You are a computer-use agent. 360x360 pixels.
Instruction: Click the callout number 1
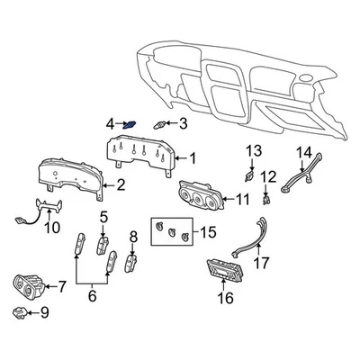click(192, 158)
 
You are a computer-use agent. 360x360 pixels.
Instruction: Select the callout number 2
click(121, 186)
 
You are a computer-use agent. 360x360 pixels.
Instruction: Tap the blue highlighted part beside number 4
click(130, 124)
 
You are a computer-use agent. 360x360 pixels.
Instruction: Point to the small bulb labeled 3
click(161, 124)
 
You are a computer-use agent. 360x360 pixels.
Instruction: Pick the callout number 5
click(103, 217)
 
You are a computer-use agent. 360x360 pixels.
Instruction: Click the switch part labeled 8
click(132, 264)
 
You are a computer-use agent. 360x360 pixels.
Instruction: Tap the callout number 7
click(62, 287)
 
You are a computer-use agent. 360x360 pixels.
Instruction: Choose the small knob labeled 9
click(20, 313)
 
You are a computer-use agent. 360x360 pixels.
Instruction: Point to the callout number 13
click(254, 149)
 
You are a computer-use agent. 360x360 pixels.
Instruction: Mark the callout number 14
click(304, 152)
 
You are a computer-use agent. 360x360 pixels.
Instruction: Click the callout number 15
click(207, 232)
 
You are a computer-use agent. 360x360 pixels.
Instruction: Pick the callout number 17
click(261, 264)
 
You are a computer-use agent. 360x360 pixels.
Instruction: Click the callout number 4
click(110, 123)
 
